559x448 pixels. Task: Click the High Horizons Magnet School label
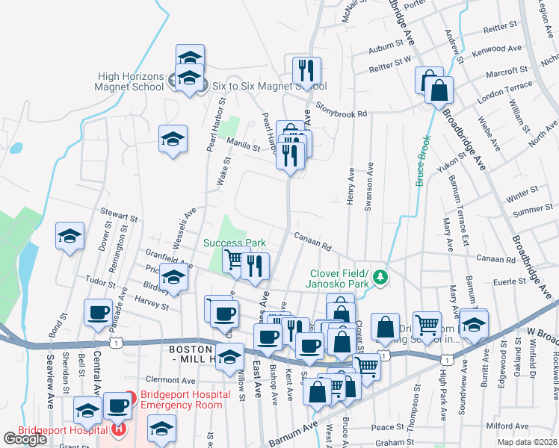tap(131, 81)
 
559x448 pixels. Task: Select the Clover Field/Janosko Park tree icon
tap(381, 278)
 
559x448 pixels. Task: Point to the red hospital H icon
tap(118, 429)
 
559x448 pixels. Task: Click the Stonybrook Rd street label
tap(342, 110)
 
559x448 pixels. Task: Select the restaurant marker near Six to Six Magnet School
tap(306, 72)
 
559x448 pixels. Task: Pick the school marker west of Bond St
tap(70, 237)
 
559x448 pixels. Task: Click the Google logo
tap(25, 439)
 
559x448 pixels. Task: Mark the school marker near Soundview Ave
tap(474, 323)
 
